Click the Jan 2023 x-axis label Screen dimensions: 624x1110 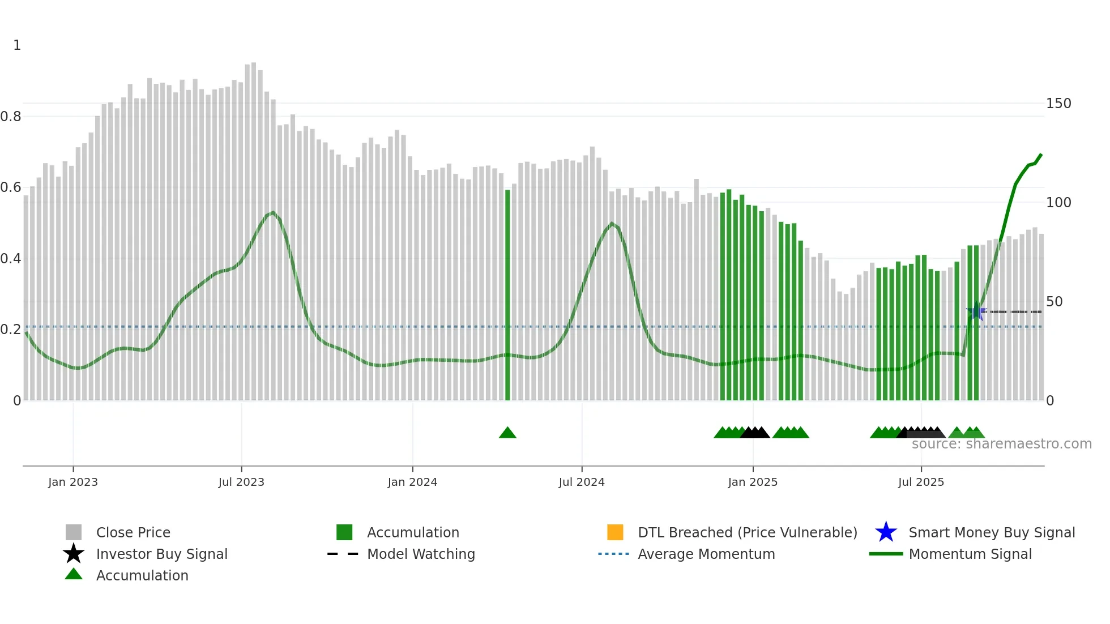(x=72, y=482)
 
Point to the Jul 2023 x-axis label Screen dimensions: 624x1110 (x=241, y=482)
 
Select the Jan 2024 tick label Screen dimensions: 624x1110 (x=412, y=482)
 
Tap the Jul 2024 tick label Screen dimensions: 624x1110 (x=582, y=482)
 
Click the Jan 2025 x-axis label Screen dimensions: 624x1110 (x=753, y=482)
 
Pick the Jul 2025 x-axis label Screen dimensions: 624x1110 (x=921, y=482)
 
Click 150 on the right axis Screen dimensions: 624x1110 (x=1058, y=104)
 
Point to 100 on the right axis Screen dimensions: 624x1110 (x=1058, y=203)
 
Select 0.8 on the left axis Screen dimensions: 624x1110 (x=11, y=117)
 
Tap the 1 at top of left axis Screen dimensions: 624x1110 (x=17, y=45)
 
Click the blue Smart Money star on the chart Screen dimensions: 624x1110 (x=975, y=312)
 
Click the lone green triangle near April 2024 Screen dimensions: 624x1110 (x=507, y=433)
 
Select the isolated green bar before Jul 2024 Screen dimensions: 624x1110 (x=507, y=294)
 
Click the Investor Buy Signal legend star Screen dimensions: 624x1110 (x=74, y=554)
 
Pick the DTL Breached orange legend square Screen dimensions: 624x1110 (x=615, y=532)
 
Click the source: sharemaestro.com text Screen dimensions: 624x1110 (x=1001, y=444)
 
